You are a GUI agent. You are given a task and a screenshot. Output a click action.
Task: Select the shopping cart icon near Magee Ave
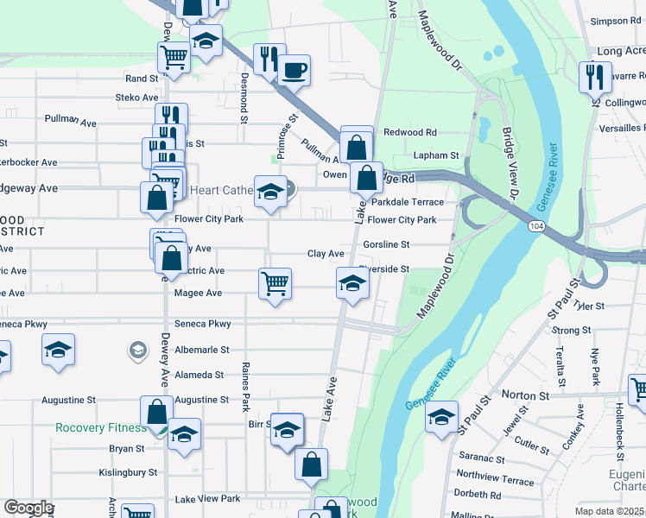click(274, 282)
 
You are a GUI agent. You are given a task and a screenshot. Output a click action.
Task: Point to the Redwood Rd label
click(410, 132)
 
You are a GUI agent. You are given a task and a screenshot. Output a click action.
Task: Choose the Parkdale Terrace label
click(408, 202)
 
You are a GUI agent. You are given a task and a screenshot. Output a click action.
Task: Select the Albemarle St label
click(200, 350)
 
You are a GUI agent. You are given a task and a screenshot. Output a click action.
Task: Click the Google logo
click(28, 508)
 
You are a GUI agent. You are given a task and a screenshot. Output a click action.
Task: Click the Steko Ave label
click(137, 98)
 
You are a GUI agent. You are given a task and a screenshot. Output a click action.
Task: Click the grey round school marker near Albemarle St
click(137, 350)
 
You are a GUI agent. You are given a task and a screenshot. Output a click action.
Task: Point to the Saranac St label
click(481, 458)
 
